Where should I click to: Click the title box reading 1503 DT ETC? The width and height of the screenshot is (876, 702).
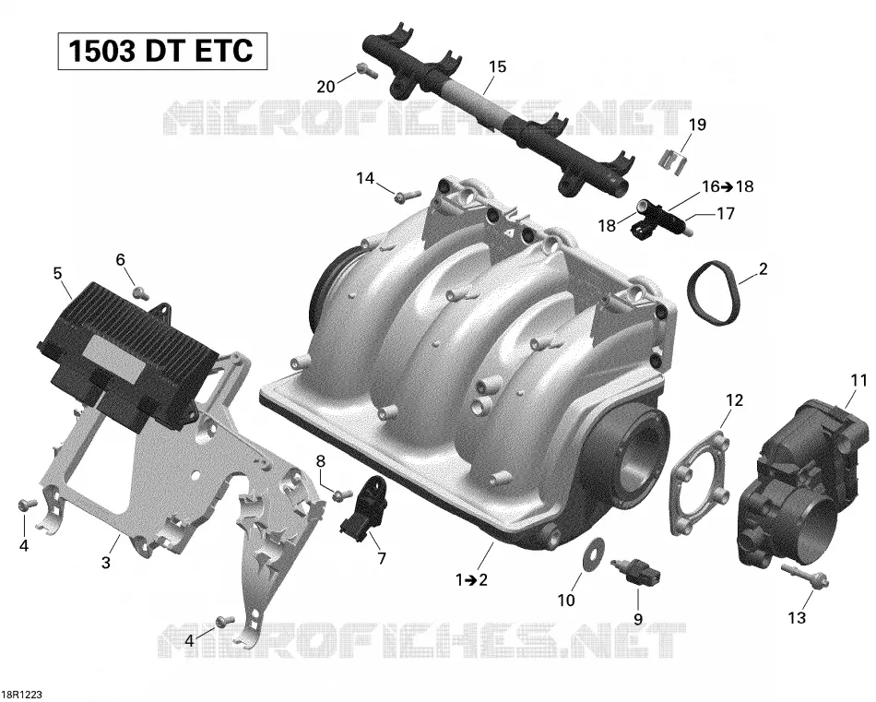click(x=162, y=52)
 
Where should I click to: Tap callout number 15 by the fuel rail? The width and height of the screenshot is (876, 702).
click(x=497, y=67)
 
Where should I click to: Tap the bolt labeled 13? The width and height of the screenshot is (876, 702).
click(x=804, y=576)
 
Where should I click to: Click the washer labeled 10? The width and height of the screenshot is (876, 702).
click(x=590, y=553)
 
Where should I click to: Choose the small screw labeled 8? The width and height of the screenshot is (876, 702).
click(x=342, y=494)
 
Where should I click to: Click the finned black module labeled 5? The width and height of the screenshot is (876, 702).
click(x=130, y=355)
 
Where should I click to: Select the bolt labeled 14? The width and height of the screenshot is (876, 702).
click(x=407, y=196)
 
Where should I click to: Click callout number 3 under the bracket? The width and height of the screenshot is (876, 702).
click(x=106, y=562)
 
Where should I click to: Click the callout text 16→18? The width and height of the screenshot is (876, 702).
click(x=728, y=186)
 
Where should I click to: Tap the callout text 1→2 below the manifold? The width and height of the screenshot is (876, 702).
click(x=471, y=579)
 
